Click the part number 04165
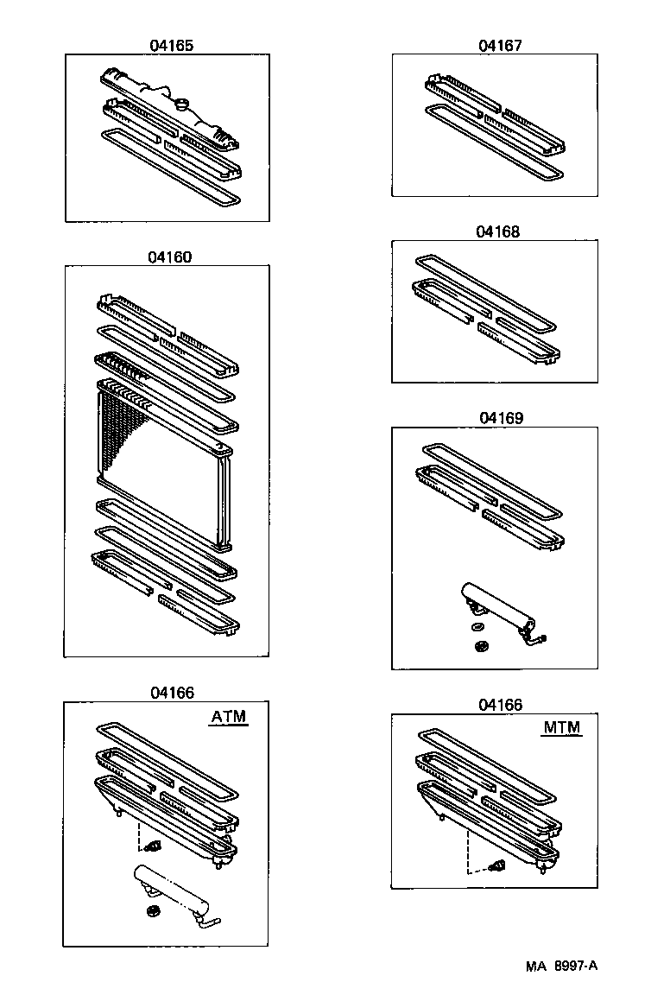coord(170,45)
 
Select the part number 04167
coord(500,45)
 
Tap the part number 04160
coord(169,257)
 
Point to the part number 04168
coord(497,231)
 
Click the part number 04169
coord(501,417)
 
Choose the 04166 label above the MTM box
coord(500,705)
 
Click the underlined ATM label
coord(229,716)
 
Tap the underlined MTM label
coord(561,727)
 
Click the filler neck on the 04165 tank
coord(182,105)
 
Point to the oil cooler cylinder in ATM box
coord(174,890)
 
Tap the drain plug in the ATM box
coord(155,844)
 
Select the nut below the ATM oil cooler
coord(153,912)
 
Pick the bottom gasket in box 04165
coord(170,166)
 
